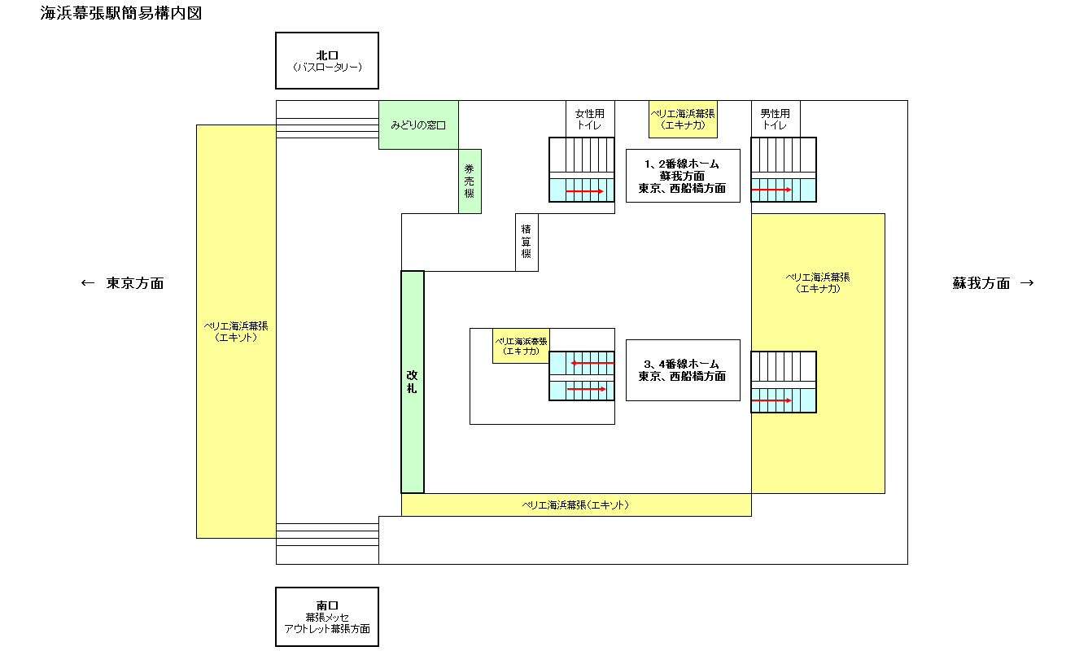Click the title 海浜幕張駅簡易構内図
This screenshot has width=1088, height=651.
pyautogui.click(x=121, y=14)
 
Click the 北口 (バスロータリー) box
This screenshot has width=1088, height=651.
pyautogui.click(x=326, y=60)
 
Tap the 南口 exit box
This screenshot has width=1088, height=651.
pyautogui.click(x=326, y=617)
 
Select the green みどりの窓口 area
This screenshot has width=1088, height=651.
pyautogui.click(x=417, y=125)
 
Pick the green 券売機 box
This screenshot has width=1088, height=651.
pyautogui.click(x=470, y=181)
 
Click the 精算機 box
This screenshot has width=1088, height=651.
pyautogui.click(x=527, y=242)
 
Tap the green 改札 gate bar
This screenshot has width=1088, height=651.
pyautogui.click(x=413, y=382)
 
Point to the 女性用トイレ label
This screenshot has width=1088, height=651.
pyautogui.click(x=590, y=120)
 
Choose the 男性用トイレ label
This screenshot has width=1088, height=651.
pyautogui.click(x=775, y=120)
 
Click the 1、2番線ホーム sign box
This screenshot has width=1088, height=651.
pyautogui.click(x=682, y=175)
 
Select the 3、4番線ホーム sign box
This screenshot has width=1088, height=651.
pyautogui.click(x=682, y=370)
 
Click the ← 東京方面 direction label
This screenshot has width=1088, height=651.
pyautogui.click(x=123, y=283)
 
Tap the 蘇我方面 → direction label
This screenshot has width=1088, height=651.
pyautogui.click(x=993, y=283)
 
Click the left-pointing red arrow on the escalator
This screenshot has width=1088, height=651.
pyautogui.click(x=592, y=363)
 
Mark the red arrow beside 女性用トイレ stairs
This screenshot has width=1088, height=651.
pyautogui.click(x=584, y=191)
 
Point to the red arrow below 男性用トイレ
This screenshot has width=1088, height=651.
pyautogui.click(x=771, y=190)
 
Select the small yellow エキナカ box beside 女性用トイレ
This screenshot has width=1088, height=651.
pyautogui.click(x=683, y=120)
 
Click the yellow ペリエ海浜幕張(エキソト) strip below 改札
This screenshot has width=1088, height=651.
pyautogui.click(x=575, y=505)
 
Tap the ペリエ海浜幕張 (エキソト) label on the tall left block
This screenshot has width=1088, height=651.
pyautogui.click(x=236, y=331)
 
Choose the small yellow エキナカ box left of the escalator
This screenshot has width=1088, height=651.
pyautogui.click(x=521, y=346)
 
